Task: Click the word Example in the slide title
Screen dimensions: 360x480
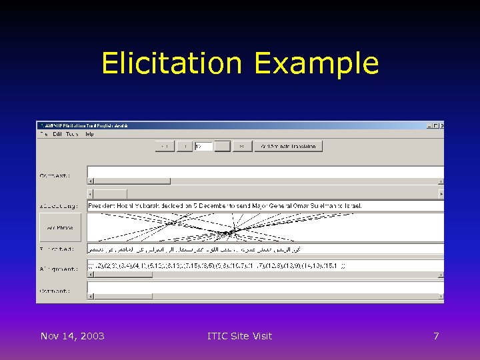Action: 316,64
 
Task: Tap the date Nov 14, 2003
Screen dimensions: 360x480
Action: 72,336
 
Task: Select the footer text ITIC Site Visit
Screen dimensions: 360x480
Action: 239,336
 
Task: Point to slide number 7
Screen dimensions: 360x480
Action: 436,336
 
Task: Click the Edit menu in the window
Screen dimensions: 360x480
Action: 57,134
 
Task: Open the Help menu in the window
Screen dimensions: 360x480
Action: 89,134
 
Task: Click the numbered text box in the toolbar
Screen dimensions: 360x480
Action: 203,146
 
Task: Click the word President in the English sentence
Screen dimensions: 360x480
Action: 101,205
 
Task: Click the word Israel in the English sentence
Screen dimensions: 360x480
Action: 350,205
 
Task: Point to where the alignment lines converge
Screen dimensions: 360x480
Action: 234,231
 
